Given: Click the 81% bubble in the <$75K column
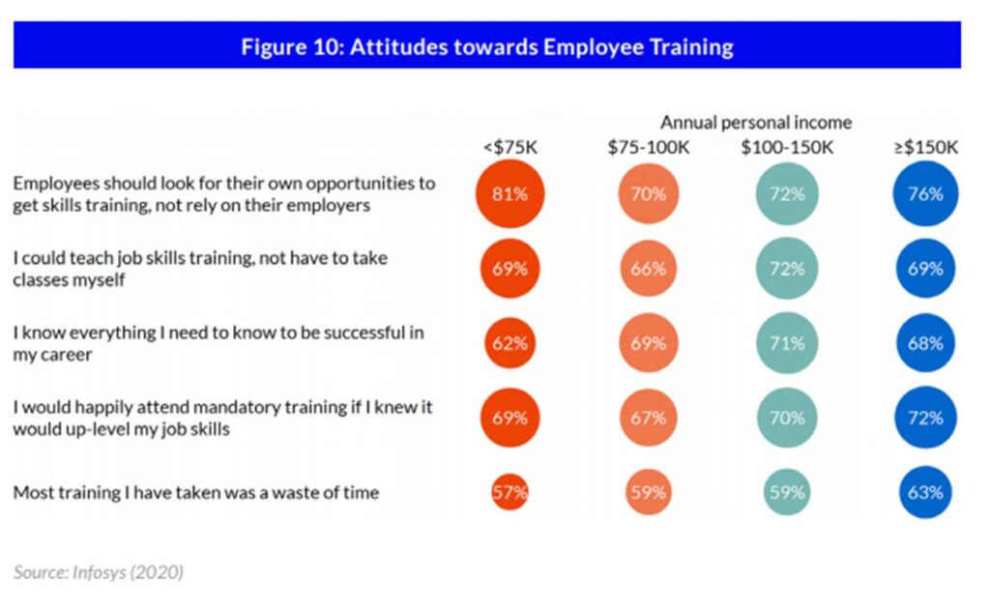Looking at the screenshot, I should click(x=510, y=193).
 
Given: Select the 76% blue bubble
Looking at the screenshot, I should click(x=924, y=193).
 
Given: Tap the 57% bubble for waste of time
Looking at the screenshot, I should click(x=510, y=492).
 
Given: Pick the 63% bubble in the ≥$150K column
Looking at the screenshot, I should click(x=924, y=492).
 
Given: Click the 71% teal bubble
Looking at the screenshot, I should click(x=787, y=343).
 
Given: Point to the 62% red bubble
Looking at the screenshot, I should click(x=510, y=343).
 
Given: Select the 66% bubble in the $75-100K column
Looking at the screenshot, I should click(x=649, y=269).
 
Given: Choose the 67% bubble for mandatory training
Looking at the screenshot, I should click(x=649, y=418).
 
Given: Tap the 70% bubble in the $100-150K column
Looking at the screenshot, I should click(x=787, y=418).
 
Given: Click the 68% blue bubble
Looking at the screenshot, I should click(x=924, y=343).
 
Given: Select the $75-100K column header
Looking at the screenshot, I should click(x=649, y=147).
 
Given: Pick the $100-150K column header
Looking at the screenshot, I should click(x=786, y=147).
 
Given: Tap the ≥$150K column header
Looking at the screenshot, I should click(x=925, y=147).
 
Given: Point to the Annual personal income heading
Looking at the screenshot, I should click(x=756, y=122).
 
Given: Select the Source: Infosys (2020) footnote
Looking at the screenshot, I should click(x=98, y=572).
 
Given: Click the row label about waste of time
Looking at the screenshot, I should click(x=195, y=493).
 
